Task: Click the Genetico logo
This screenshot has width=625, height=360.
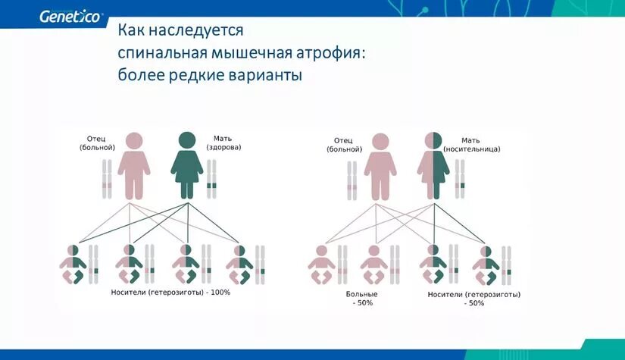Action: [x=69, y=16]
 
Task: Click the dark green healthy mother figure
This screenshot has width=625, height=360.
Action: [x=186, y=165]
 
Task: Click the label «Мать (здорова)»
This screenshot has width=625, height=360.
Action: [x=223, y=142]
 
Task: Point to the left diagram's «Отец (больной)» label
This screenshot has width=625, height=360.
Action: [x=96, y=142]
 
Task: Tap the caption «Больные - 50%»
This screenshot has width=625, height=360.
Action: [x=361, y=298]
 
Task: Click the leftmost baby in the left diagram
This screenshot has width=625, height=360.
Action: [x=73, y=265]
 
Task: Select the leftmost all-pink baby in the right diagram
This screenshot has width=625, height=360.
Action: [x=321, y=265]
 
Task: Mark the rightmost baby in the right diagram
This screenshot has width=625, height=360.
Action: [x=485, y=265]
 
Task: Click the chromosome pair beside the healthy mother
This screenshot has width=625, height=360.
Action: [x=211, y=180]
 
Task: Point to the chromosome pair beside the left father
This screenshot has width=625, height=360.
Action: [x=108, y=180]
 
